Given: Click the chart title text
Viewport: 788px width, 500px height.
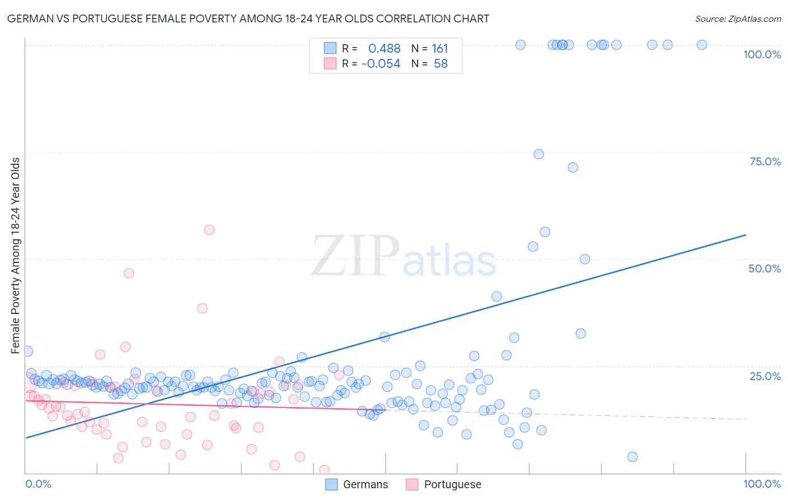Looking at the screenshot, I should (x=248, y=18).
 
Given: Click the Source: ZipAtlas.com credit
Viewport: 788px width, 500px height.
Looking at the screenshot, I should (x=738, y=18).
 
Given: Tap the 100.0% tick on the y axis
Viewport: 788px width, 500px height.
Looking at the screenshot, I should (x=762, y=54).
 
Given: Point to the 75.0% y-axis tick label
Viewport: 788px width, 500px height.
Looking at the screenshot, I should (x=765, y=161).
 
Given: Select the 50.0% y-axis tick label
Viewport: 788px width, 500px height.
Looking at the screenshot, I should (x=764, y=268).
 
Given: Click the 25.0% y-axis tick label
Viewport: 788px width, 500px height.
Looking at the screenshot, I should (x=765, y=376).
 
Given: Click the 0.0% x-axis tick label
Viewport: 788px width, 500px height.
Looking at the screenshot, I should (x=38, y=484).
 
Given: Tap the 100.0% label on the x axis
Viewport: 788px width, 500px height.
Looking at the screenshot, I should (x=762, y=484).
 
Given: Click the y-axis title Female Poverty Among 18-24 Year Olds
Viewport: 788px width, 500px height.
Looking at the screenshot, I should (x=16, y=256).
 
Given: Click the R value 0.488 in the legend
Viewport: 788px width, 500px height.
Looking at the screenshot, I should (x=384, y=49).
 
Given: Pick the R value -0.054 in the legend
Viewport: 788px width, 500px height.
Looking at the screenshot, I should (x=381, y=64).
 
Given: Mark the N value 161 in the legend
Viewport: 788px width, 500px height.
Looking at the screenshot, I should (x=439, y=49).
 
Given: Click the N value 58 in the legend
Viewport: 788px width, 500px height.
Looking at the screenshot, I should (x=441, y=64).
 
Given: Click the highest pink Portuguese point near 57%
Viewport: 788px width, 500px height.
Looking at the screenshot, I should (x=210, y=230).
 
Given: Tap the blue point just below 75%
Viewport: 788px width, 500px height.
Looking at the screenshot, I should (x=539, y=154).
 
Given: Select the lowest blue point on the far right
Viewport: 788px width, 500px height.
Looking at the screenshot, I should (x=633, y=457).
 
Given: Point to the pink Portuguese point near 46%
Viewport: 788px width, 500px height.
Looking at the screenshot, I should (x=129, y=274).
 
